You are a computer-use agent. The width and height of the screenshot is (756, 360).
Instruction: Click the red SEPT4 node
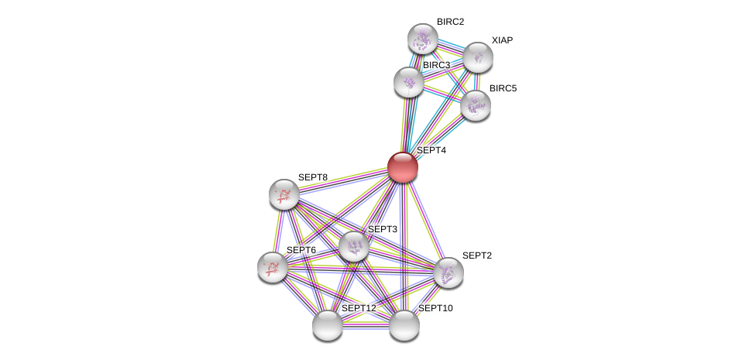pyautogui.click(x=402, y=167)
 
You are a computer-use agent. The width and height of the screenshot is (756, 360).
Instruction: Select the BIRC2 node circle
pyautogui.click(x=423, y=39)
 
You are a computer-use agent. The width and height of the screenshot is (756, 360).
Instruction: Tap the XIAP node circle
pyautogui.click(x=478, y=57)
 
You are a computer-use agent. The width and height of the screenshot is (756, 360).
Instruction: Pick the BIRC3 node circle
pyautogui.click(x=408, y=82)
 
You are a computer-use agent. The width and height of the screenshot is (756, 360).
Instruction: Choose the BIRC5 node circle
pyautogui.click(x=475, y=105)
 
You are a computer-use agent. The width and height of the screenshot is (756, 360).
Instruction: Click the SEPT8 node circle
pyautogui.click(x=284, y=194)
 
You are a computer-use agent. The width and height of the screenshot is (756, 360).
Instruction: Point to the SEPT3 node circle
pyautogui.click(x=354, y=246)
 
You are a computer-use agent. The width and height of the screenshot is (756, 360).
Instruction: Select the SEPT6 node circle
pyautogui.click(x=273, y=267)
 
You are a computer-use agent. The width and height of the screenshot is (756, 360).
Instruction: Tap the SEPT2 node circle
pyautogui.click(x=448, y=273)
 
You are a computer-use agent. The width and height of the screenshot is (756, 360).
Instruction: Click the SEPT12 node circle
pyautogui.click(x=328, y=325)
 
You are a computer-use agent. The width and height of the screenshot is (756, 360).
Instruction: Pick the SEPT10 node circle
pyautogui.click(x=404, y=325)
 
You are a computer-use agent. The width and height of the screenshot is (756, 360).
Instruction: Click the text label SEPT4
pyautogui.click(x=431, y=150)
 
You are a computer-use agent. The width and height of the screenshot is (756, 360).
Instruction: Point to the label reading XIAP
pyautogui.click(x=502, y=40)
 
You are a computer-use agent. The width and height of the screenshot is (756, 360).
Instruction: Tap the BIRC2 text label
pyautogui.click(x=450, y=22)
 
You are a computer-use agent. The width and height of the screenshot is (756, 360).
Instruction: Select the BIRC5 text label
pyautogui.click(x=503, y=88)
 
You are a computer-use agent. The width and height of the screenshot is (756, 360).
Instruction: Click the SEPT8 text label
pyautogui.click(x=313, y=177)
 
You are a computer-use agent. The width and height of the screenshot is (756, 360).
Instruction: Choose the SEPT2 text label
pyautogui.click(x=477, y=255)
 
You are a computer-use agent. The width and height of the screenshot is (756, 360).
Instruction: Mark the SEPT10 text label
pyautogui.click(x=435, y=308)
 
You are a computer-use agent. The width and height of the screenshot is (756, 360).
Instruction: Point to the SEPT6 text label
pyautogui.click(x=301, y=250)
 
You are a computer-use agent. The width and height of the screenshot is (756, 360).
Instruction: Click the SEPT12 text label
pyautogui.click(x=359, y=308)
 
